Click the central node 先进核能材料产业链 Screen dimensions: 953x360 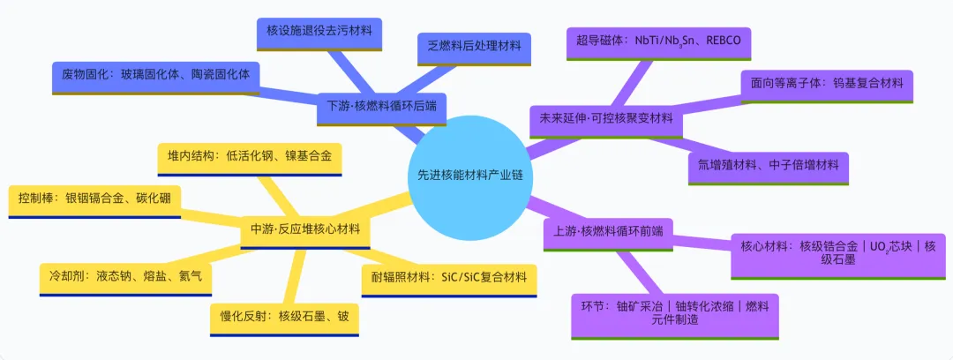pos(467,175)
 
